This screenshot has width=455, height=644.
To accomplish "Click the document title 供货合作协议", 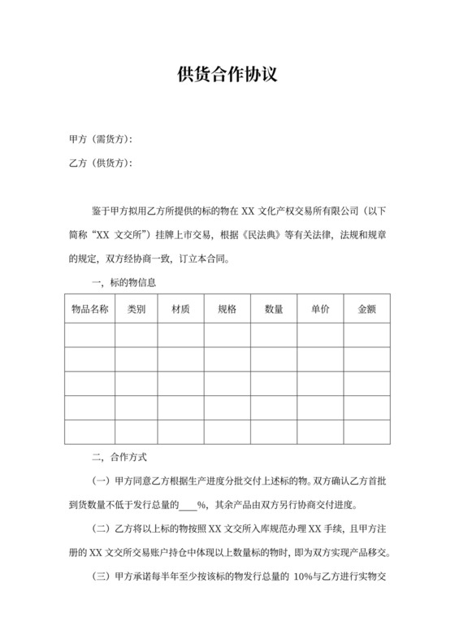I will [227, 76].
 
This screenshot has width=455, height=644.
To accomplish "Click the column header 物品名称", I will [89, 311].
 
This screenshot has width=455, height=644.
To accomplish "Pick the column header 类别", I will [136, 311].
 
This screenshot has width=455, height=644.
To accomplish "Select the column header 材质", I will [181, 311].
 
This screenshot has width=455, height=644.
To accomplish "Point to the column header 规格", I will [227, 311].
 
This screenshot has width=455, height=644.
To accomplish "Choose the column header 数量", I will [274, 311].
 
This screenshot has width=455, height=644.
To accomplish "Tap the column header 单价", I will [320, 311].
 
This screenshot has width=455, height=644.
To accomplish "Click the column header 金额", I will [367, 311].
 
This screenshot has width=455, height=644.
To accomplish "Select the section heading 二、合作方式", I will [119, 458].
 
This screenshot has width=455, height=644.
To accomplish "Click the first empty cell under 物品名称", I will [89, 335].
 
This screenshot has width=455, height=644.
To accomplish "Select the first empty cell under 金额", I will [367, 335].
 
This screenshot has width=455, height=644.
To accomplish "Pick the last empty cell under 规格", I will [227, 432].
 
